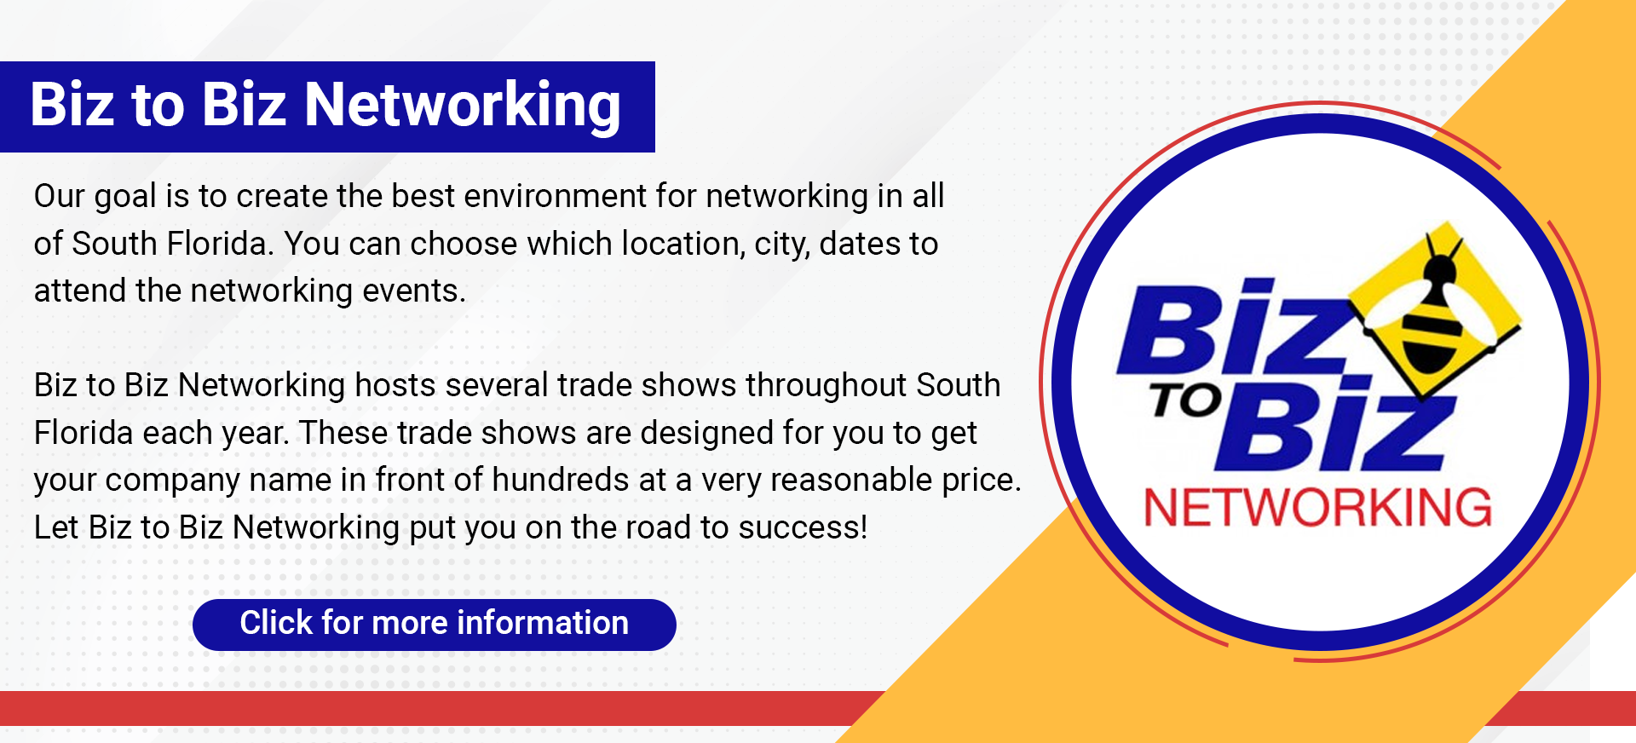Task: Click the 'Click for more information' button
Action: [x=435, y=625]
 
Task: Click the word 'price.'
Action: [x=982, y=481]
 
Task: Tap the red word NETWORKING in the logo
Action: [x=1317, y=508]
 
